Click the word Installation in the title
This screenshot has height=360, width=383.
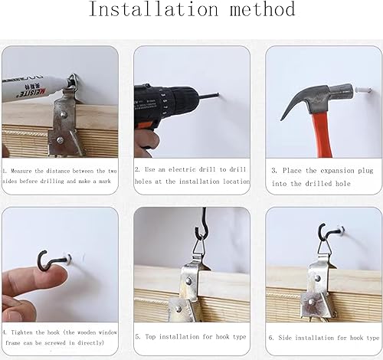click(153, 9)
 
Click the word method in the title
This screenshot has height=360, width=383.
click(263, 9)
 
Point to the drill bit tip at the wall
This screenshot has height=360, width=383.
click(218, 94)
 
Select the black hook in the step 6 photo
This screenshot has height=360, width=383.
click(324, 231)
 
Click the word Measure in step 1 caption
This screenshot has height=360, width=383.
click(21, 171)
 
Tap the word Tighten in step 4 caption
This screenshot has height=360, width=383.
click(22, 332)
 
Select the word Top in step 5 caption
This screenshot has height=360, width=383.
click(150, 337)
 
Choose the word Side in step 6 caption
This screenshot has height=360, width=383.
click(285, 338)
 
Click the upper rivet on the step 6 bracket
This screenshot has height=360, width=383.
click(318, 279)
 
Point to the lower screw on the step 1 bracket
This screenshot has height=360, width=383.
click(60, 139)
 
